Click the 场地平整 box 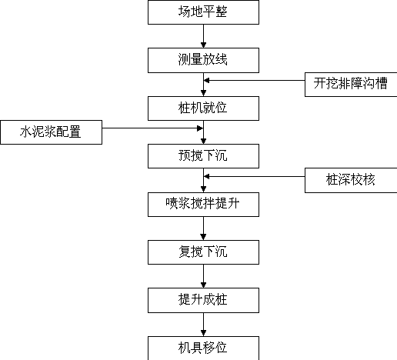pyautogui.click(x=203, y=12)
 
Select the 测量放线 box pyautogui.click(x=203, y=60)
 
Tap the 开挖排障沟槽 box pyautogui.click(x=351, y=85)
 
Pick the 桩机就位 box pyautogui.click(x=203, y=108)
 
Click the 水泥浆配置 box pyautogui.click(x=52, y=132)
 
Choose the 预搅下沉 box pyautogui.click(x=203, y=156)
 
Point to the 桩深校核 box pyautogui.click(x=351, y=180)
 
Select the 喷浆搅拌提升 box pyautogui.click(x=203, y=205)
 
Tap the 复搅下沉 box pyautogui.click(x=203, y=252)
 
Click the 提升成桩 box pyautogui.click(x=203, y=300)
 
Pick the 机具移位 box pyautogui.click(x=203, y=348)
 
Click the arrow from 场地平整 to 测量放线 pyautogui.click(x=203, y=36)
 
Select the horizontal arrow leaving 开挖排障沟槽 pyautogui.click(x=254, y=81)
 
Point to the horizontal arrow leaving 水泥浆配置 pyautogui.click(x=152, y=128)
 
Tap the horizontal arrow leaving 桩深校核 pyautogui.click(x=254, y=176)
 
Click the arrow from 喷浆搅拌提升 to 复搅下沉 pyautogui.click(x=203, y=228)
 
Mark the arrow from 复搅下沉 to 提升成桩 pyautogui.click(x=203, y=276)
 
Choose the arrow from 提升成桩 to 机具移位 pyautogui.click(x=203, y=325)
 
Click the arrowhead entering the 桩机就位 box pyautogui.click(x=203, y=93)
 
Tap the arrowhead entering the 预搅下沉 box pyautogui.click(x=203, y=141)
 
